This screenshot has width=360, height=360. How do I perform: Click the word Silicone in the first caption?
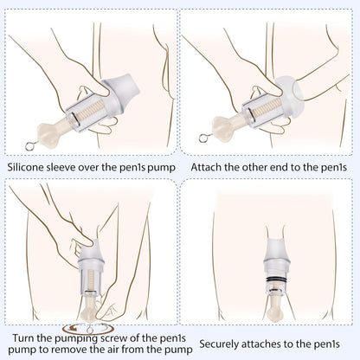pos(27,164)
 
